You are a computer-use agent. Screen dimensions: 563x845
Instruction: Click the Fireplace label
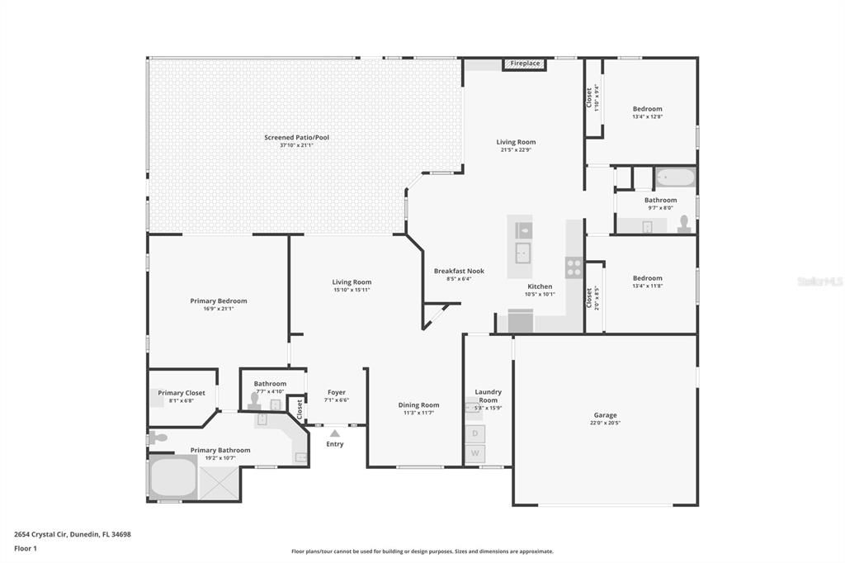[525, 64]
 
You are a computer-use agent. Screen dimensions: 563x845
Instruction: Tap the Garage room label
[605, 415]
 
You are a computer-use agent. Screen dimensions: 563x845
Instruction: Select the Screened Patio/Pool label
[296, 137]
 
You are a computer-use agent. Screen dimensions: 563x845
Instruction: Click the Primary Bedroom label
[219, 301]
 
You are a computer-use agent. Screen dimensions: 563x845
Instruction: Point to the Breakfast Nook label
[459, 271]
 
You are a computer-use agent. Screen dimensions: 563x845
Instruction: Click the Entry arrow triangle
[334, 433]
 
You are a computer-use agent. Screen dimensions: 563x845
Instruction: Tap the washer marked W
[474, 453]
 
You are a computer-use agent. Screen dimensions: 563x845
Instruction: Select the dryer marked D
[474, 433]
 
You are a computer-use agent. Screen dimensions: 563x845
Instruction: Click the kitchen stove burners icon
[574, 267]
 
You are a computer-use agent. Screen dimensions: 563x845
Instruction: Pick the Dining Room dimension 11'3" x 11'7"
[418, 413]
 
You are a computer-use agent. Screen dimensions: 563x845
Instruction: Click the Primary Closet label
[182, 393]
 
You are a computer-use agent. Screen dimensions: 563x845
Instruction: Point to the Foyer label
[336, 392]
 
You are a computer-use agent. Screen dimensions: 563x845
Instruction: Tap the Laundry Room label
[488, 396]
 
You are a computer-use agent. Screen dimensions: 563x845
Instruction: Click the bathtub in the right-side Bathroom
[675, 177]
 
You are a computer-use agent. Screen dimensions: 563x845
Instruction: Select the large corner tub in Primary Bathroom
[172, 476]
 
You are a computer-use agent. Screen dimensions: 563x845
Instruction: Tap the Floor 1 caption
[26, 548]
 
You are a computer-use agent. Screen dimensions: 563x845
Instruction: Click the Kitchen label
[540, 286]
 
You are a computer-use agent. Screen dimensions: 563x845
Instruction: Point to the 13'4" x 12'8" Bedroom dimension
[647, 116]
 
